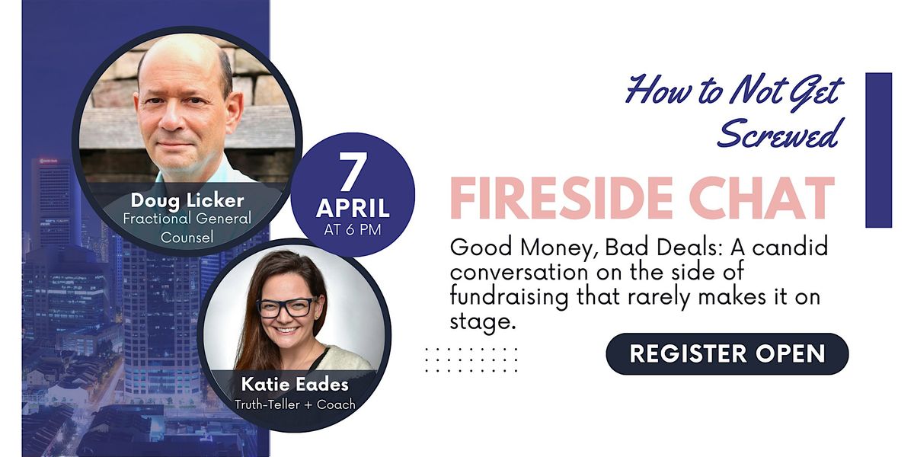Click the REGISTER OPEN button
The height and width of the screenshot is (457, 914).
tap(727, 353)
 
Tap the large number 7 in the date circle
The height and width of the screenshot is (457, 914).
tap(353, 172)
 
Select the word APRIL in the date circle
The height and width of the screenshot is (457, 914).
tap(353, 208)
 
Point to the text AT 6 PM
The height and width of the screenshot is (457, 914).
tap(353, 230)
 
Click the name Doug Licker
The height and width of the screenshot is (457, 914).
tap(187, 200)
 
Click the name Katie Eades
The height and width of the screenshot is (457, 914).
tap(295, 385)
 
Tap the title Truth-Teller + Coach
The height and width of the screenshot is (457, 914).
tap(295, 404)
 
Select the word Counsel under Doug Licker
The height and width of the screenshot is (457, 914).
tap(187, 237)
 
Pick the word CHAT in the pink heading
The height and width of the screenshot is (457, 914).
tap(763, 198)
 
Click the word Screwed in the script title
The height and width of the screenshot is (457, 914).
tap(778, 134)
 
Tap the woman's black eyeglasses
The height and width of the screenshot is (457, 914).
tap(286, 308)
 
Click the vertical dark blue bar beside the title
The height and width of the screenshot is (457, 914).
tap(879, 150)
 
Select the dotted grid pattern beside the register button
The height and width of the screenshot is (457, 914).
tap(471, 360)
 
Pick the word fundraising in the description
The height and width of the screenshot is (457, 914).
tap(510, 297)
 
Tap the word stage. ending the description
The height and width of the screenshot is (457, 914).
tap(481, 322)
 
